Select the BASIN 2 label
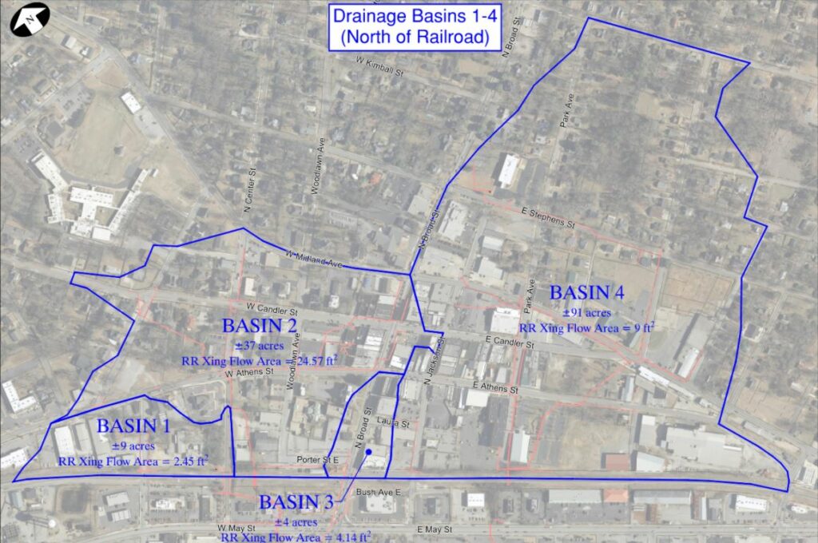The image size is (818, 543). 260,326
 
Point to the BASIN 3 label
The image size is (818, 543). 296,502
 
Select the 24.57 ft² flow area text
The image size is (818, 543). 259,360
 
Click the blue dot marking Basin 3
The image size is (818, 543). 369,453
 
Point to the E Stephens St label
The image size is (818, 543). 547,217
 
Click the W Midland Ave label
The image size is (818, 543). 313,259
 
